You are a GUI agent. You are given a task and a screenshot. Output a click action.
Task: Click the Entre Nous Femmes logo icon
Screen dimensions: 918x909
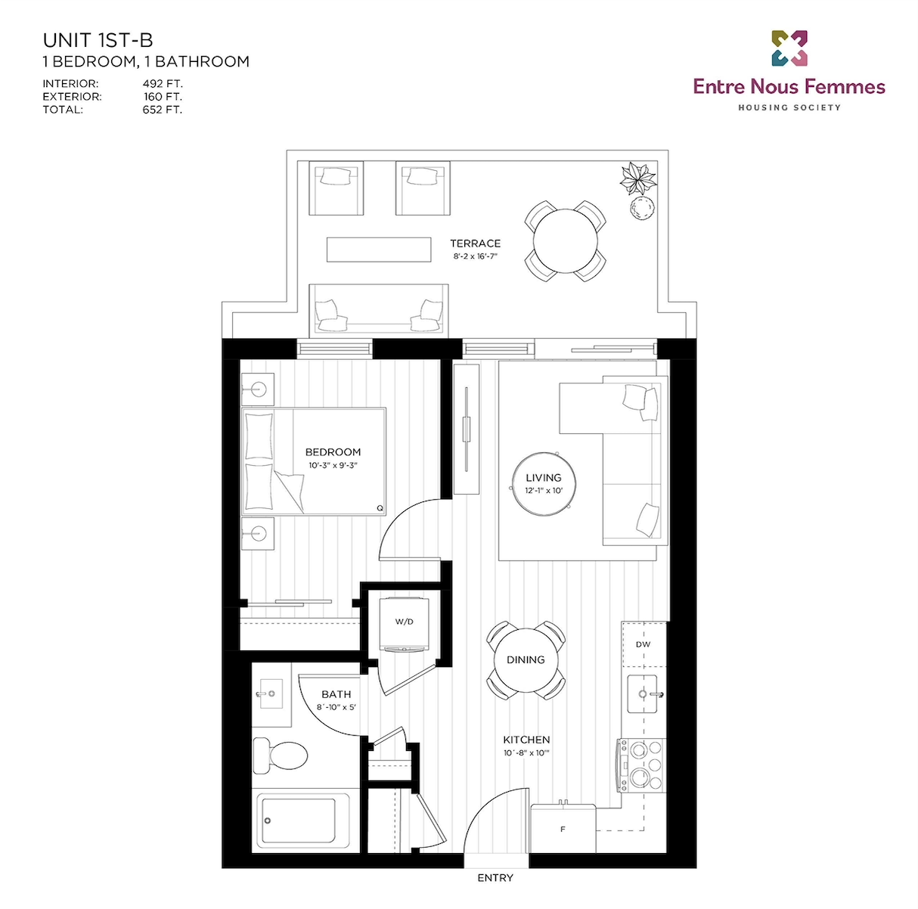click(x=789, y=48)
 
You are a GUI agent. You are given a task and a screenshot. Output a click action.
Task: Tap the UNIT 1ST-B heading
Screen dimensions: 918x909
click(x=98, y=41)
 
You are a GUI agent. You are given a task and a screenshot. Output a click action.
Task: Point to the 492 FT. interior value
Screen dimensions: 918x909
click(x=163, y=84)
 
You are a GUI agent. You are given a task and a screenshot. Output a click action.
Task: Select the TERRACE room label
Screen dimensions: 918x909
click(x=475, y=244)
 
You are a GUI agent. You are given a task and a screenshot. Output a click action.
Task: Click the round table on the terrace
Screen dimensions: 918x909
click(x=565, y=240)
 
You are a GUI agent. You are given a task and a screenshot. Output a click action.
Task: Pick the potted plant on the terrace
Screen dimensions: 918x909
click(x=638, y=178)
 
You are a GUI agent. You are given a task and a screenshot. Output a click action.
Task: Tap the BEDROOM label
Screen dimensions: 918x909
click(x=333, y=452)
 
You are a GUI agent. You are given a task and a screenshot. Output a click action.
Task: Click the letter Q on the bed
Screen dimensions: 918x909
click(x=380, y=508)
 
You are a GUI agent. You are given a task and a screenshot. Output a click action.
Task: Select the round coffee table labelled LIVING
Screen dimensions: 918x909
click(x=544, y=483)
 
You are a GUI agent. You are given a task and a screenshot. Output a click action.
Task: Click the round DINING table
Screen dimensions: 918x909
click(x=526, y=660)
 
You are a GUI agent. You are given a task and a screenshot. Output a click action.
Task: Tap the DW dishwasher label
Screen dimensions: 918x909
click(x=643, y=644)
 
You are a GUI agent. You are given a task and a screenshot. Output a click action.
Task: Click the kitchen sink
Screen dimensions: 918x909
click(x=643, y=693)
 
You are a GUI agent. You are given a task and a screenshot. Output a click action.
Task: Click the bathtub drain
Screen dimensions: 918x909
click(x=268, y=821)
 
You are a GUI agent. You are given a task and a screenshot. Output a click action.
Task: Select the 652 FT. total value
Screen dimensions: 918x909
click(x=163, y=110)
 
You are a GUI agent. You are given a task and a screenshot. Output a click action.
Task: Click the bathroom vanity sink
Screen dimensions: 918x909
click(x=269, y=693)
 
